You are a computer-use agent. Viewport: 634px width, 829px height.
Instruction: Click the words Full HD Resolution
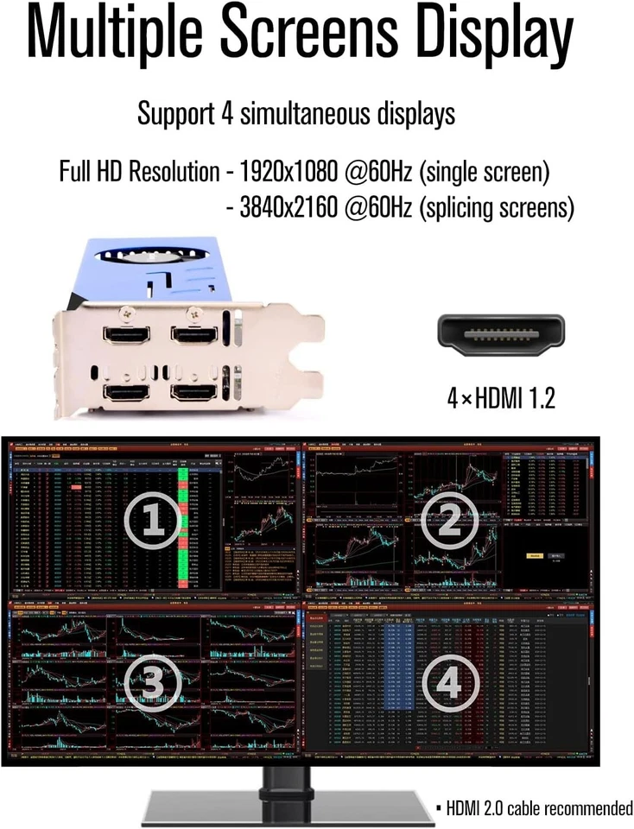point(139,172)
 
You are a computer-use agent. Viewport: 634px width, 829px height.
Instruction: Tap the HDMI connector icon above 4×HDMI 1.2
point(500,335)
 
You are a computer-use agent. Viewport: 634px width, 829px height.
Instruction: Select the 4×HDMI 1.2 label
point(500,398)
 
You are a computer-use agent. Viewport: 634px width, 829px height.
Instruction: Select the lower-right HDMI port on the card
point(193,392)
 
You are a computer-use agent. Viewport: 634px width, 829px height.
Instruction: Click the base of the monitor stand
point(288,808)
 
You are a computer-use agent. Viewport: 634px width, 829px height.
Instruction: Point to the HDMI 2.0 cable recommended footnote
point(535,808)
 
